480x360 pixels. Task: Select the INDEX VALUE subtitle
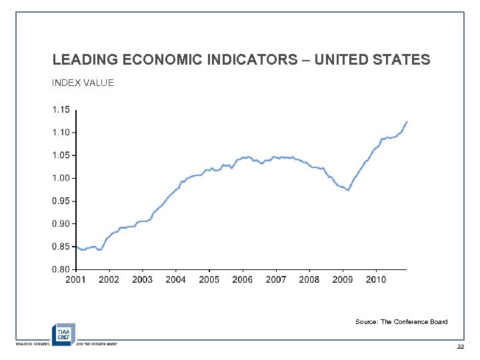[83, 83]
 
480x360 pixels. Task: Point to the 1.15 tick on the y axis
[62, 109]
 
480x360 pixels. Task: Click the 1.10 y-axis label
[62, 132]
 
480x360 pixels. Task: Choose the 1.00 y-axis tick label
[62, 178]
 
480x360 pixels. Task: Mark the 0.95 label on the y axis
[62, 201]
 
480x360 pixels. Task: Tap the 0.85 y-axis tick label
[62, 247]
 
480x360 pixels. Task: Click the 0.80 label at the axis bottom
[62, 269]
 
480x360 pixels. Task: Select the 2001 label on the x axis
[76, 279]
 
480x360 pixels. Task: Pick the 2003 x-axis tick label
[143, 279]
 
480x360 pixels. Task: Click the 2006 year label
[243, 279]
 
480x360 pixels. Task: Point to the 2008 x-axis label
[309, 279]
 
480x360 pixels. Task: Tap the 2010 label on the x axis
[376, 279]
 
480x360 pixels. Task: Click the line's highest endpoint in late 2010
[407, 122]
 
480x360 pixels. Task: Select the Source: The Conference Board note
[401, 322]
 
